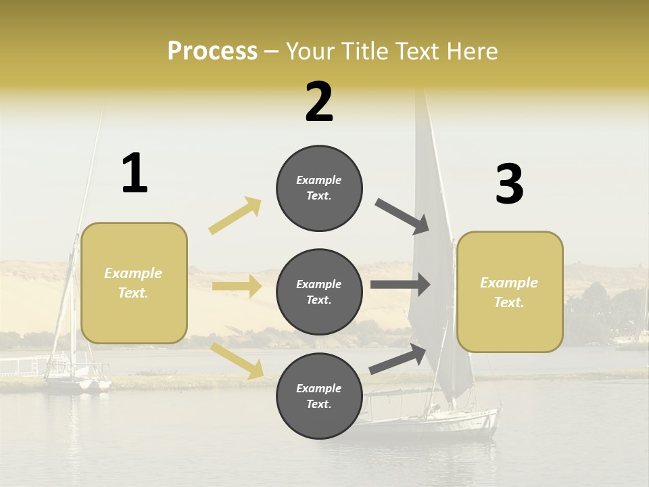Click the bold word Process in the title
pos(212,51)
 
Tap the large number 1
pos(135,173)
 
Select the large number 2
pos(319,101)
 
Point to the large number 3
pos(509,184)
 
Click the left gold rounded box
pos(134,283)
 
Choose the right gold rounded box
pos(510,292)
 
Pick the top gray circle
pos(319,188)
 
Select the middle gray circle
pos(319,292)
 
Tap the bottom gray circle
pos(319,396)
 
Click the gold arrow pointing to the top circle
pos(235,215)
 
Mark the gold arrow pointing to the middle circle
pos(237,286)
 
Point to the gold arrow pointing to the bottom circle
pos(237,361)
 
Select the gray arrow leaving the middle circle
pos(400,285)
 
